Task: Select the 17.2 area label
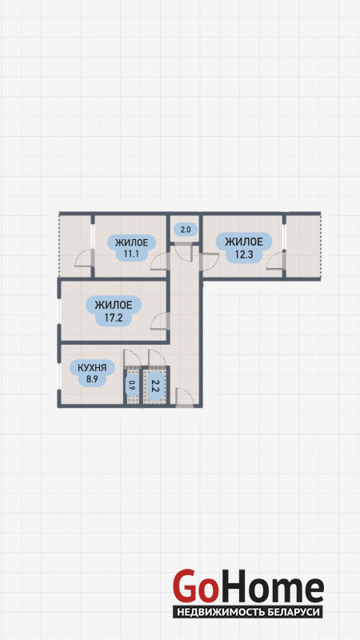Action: tap(114, 318)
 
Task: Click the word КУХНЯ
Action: tap(92, 368)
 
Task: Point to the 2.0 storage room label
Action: tap(186, 230)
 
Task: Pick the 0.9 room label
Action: tap(131, 386)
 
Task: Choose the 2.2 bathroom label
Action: tap(154, 386)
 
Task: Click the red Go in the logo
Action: tap(194, 586)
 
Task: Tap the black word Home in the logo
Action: tap(270, 586)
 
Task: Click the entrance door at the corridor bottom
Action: tap(185, 398)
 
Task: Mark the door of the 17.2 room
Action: tap(159, 321)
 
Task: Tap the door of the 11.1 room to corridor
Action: tap(159, 262)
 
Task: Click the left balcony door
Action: tap(85, 258)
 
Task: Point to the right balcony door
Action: tap(275, 261)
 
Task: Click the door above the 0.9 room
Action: tap(132, 358)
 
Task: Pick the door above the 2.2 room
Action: tap(157, 358)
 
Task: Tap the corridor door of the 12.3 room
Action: tap(210, 262)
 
